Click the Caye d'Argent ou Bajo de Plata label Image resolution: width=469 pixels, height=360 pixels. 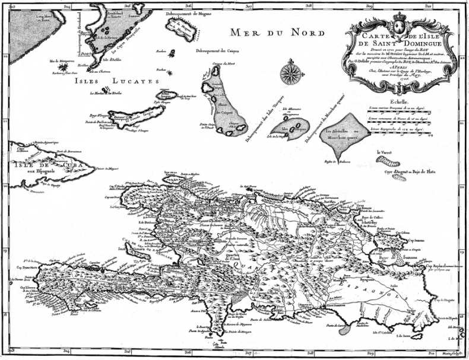410,172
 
